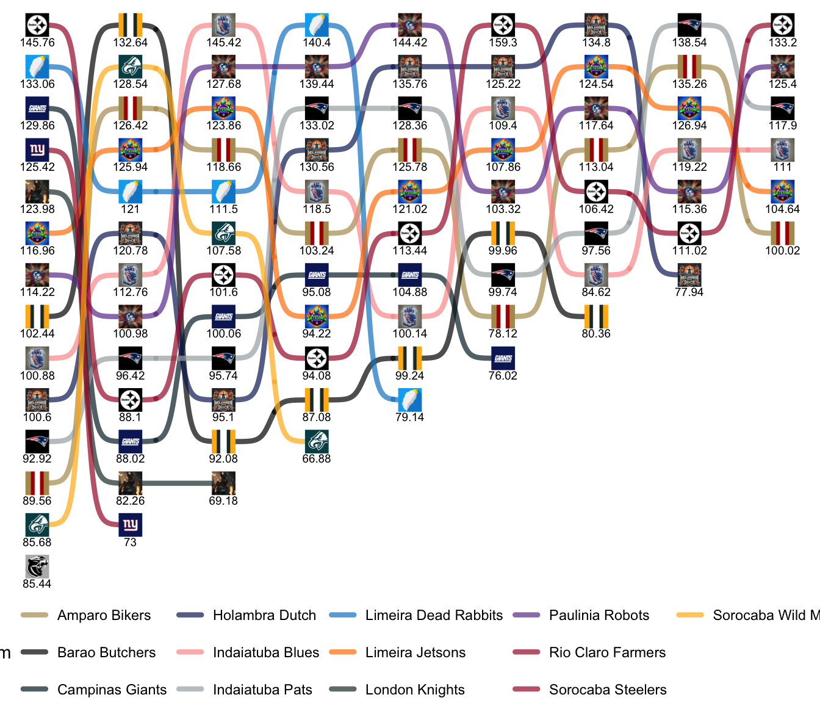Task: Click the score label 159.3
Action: pyautogui.click(x=503, y=43)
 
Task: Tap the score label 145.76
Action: pyautogui.click(x=37, y=43)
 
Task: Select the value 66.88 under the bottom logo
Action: pyautogui.click(x=317, y=459)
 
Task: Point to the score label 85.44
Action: pyautogui.click(x=37, y=584)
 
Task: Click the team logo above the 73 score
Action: pyautogui.click(x=131, y=525)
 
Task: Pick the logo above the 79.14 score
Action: pyautogui.click(x=410, y=400)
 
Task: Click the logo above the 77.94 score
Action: pyautogui.click(x=689, y=275)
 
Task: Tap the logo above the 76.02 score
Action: pyautogui.click(x=503, y=358)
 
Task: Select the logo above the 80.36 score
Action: pyautogui.click(x=596, y=316)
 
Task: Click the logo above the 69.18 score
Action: pyautogui.click(x=223, y=483)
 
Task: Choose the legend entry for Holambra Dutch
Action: pyautogui.click(x=264, y=615)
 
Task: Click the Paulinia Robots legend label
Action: pyautogui.click(x=599, y=615)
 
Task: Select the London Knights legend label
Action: pyautogui.click(x=415, y=690)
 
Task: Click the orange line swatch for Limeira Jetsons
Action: pyautogui.click(x=342, y=652)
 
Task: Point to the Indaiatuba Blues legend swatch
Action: pyautogui.click(x=190, y=652)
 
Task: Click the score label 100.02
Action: pyautogui.click(x=783, y=251)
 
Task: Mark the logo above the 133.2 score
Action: pyautogui.click(x=783, y=25)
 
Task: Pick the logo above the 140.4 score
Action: pyautogui.click(x=317, y=25)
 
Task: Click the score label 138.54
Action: pyautogui.click(x=689, y=43)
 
